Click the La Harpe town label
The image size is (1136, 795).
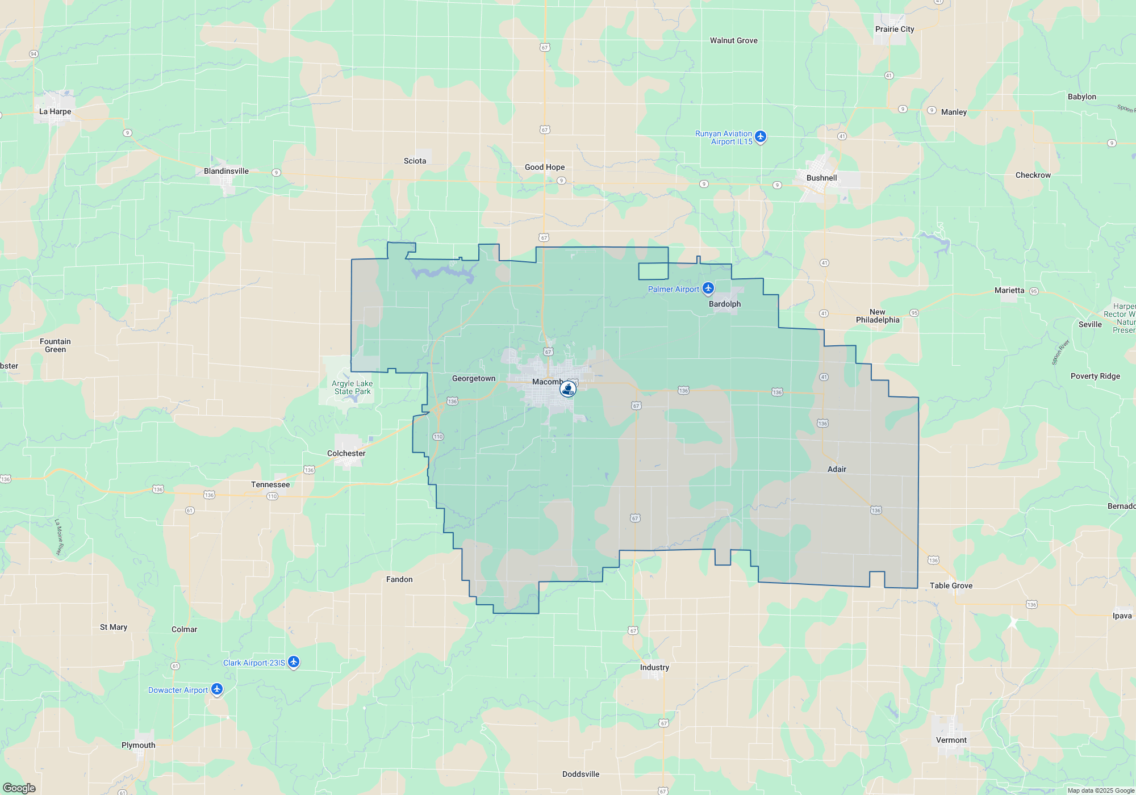[x=55, y=112]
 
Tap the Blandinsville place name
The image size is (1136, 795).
[x=226, y=171]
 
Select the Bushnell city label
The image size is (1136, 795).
[x=821, y=178]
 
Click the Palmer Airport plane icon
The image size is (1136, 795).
[x=708, y=288]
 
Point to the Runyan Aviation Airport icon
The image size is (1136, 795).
[x=761, y=137]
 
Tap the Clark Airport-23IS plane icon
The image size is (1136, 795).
[x=293, y=662]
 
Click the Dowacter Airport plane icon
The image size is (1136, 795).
[x=216, y=689]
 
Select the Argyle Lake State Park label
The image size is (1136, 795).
[x=352, y=387]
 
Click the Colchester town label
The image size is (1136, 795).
[x=346, y=454]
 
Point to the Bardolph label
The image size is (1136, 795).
[x=724, y=304]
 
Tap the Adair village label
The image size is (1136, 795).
[x=837, y=470]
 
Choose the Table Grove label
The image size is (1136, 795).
[x=951, y=586]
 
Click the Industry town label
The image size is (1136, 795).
[x=654, y=668]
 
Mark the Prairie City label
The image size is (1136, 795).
[x=895, y=30]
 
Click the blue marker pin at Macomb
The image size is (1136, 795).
[x=567, y=389]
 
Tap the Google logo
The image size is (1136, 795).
[x=19, y=788]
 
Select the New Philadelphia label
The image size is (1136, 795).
[x=878, y=316]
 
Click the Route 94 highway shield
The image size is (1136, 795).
[x=34, y=54]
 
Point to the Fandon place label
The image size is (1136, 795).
[x=399, y=580]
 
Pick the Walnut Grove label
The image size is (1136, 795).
[x=733, y=41]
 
